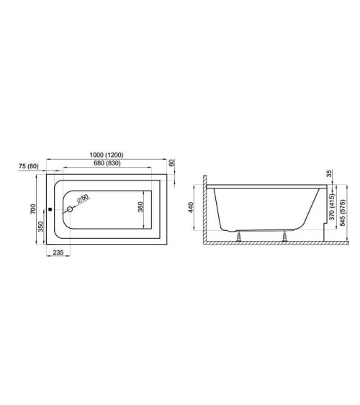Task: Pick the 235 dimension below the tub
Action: [x=60, y=253]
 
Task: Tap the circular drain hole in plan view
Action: [x=70, y=210]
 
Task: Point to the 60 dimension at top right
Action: [x=171, y=163]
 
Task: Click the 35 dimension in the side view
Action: [x=330, y=174]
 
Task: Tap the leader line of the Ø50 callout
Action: [x=76, y=204]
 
